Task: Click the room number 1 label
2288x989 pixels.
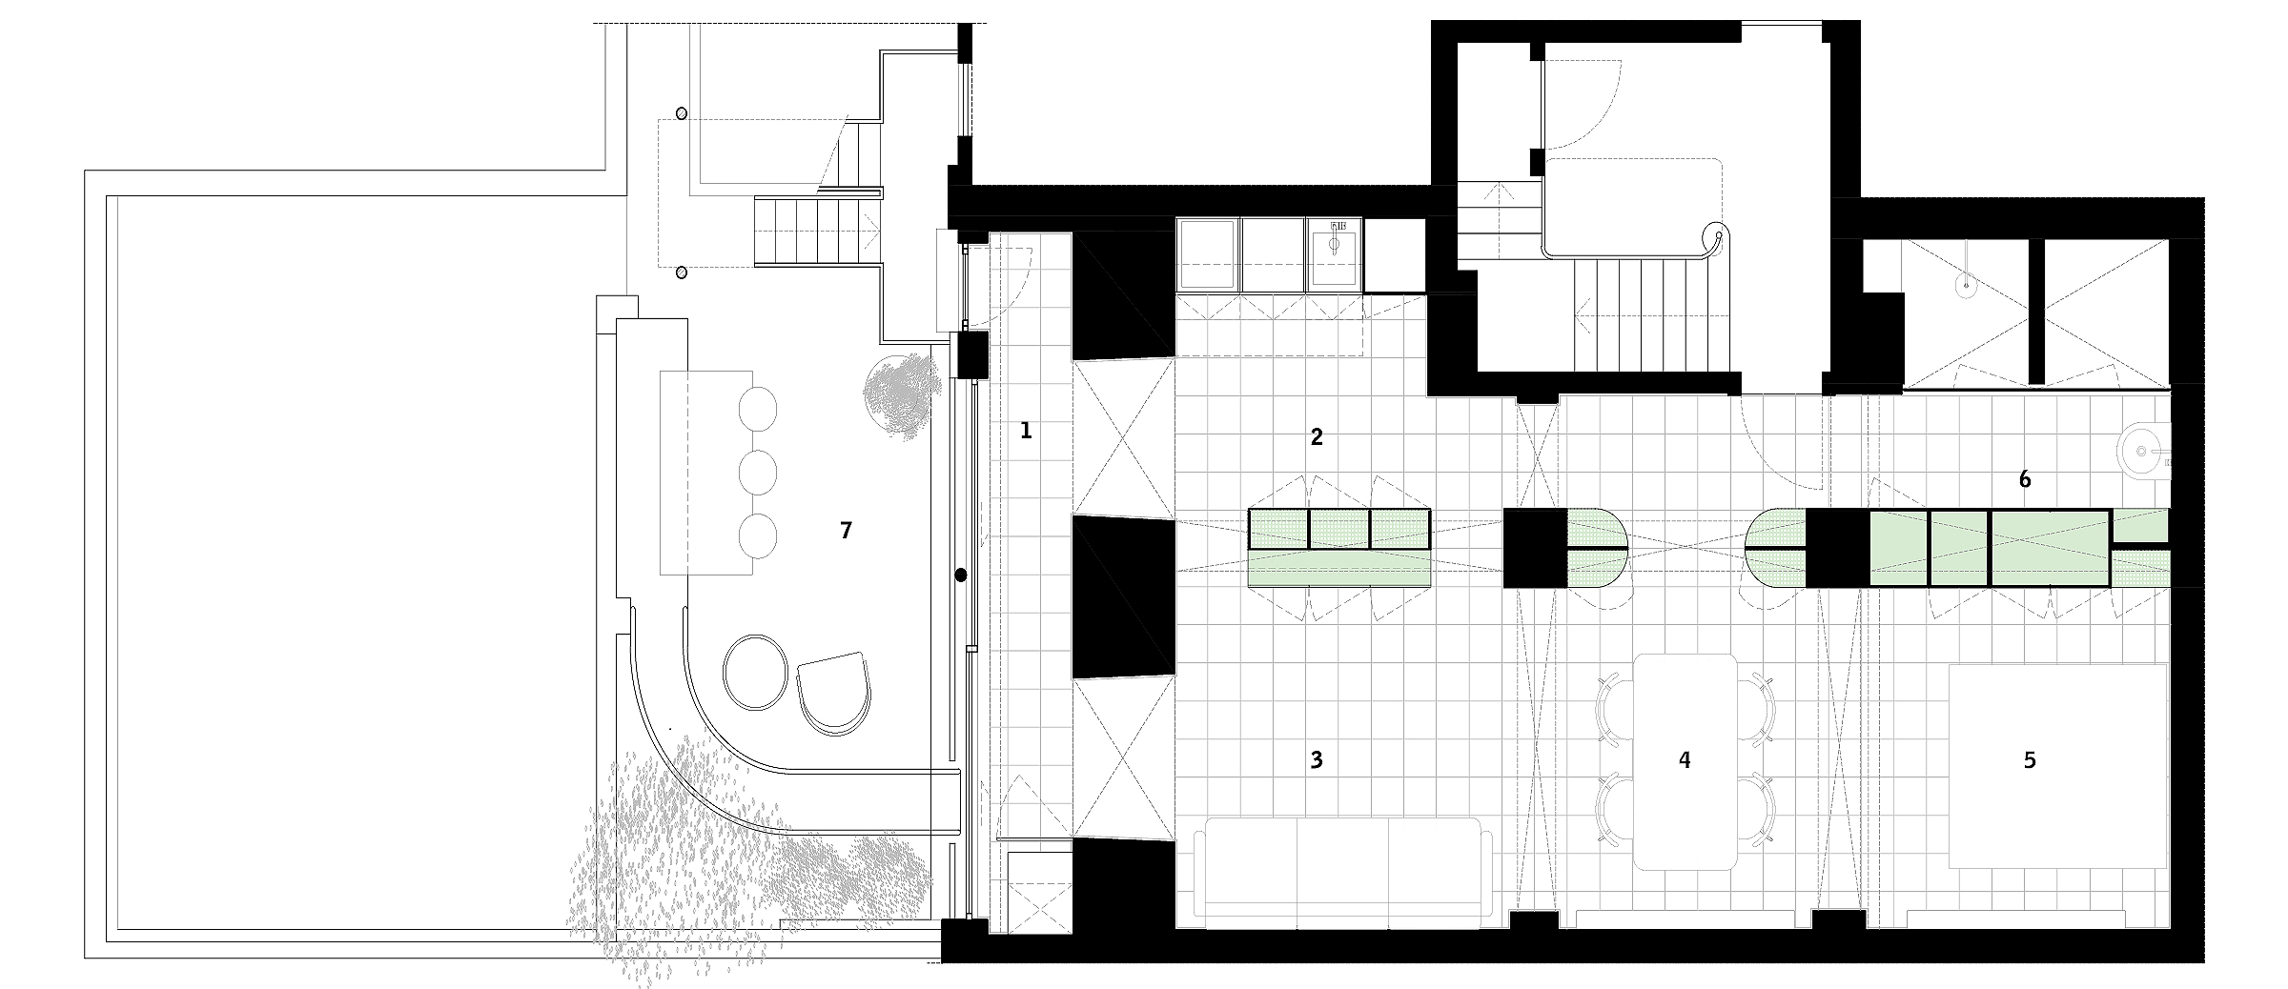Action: pos(1026,431)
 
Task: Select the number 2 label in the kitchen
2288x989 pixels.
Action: pos(1317,437)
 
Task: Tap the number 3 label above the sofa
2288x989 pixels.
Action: pos(1317,759)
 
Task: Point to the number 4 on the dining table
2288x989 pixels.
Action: pos(1685,759)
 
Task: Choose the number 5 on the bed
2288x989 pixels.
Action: pos(2030,759)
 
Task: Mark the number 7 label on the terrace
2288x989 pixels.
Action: pos(846,531)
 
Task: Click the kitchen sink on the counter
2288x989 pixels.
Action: pos(1334,243)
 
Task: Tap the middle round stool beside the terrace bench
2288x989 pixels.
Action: pos(759,472)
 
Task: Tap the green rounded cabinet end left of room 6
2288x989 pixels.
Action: pos(1779,548)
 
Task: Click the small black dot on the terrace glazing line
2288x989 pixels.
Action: pos(961,575)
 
